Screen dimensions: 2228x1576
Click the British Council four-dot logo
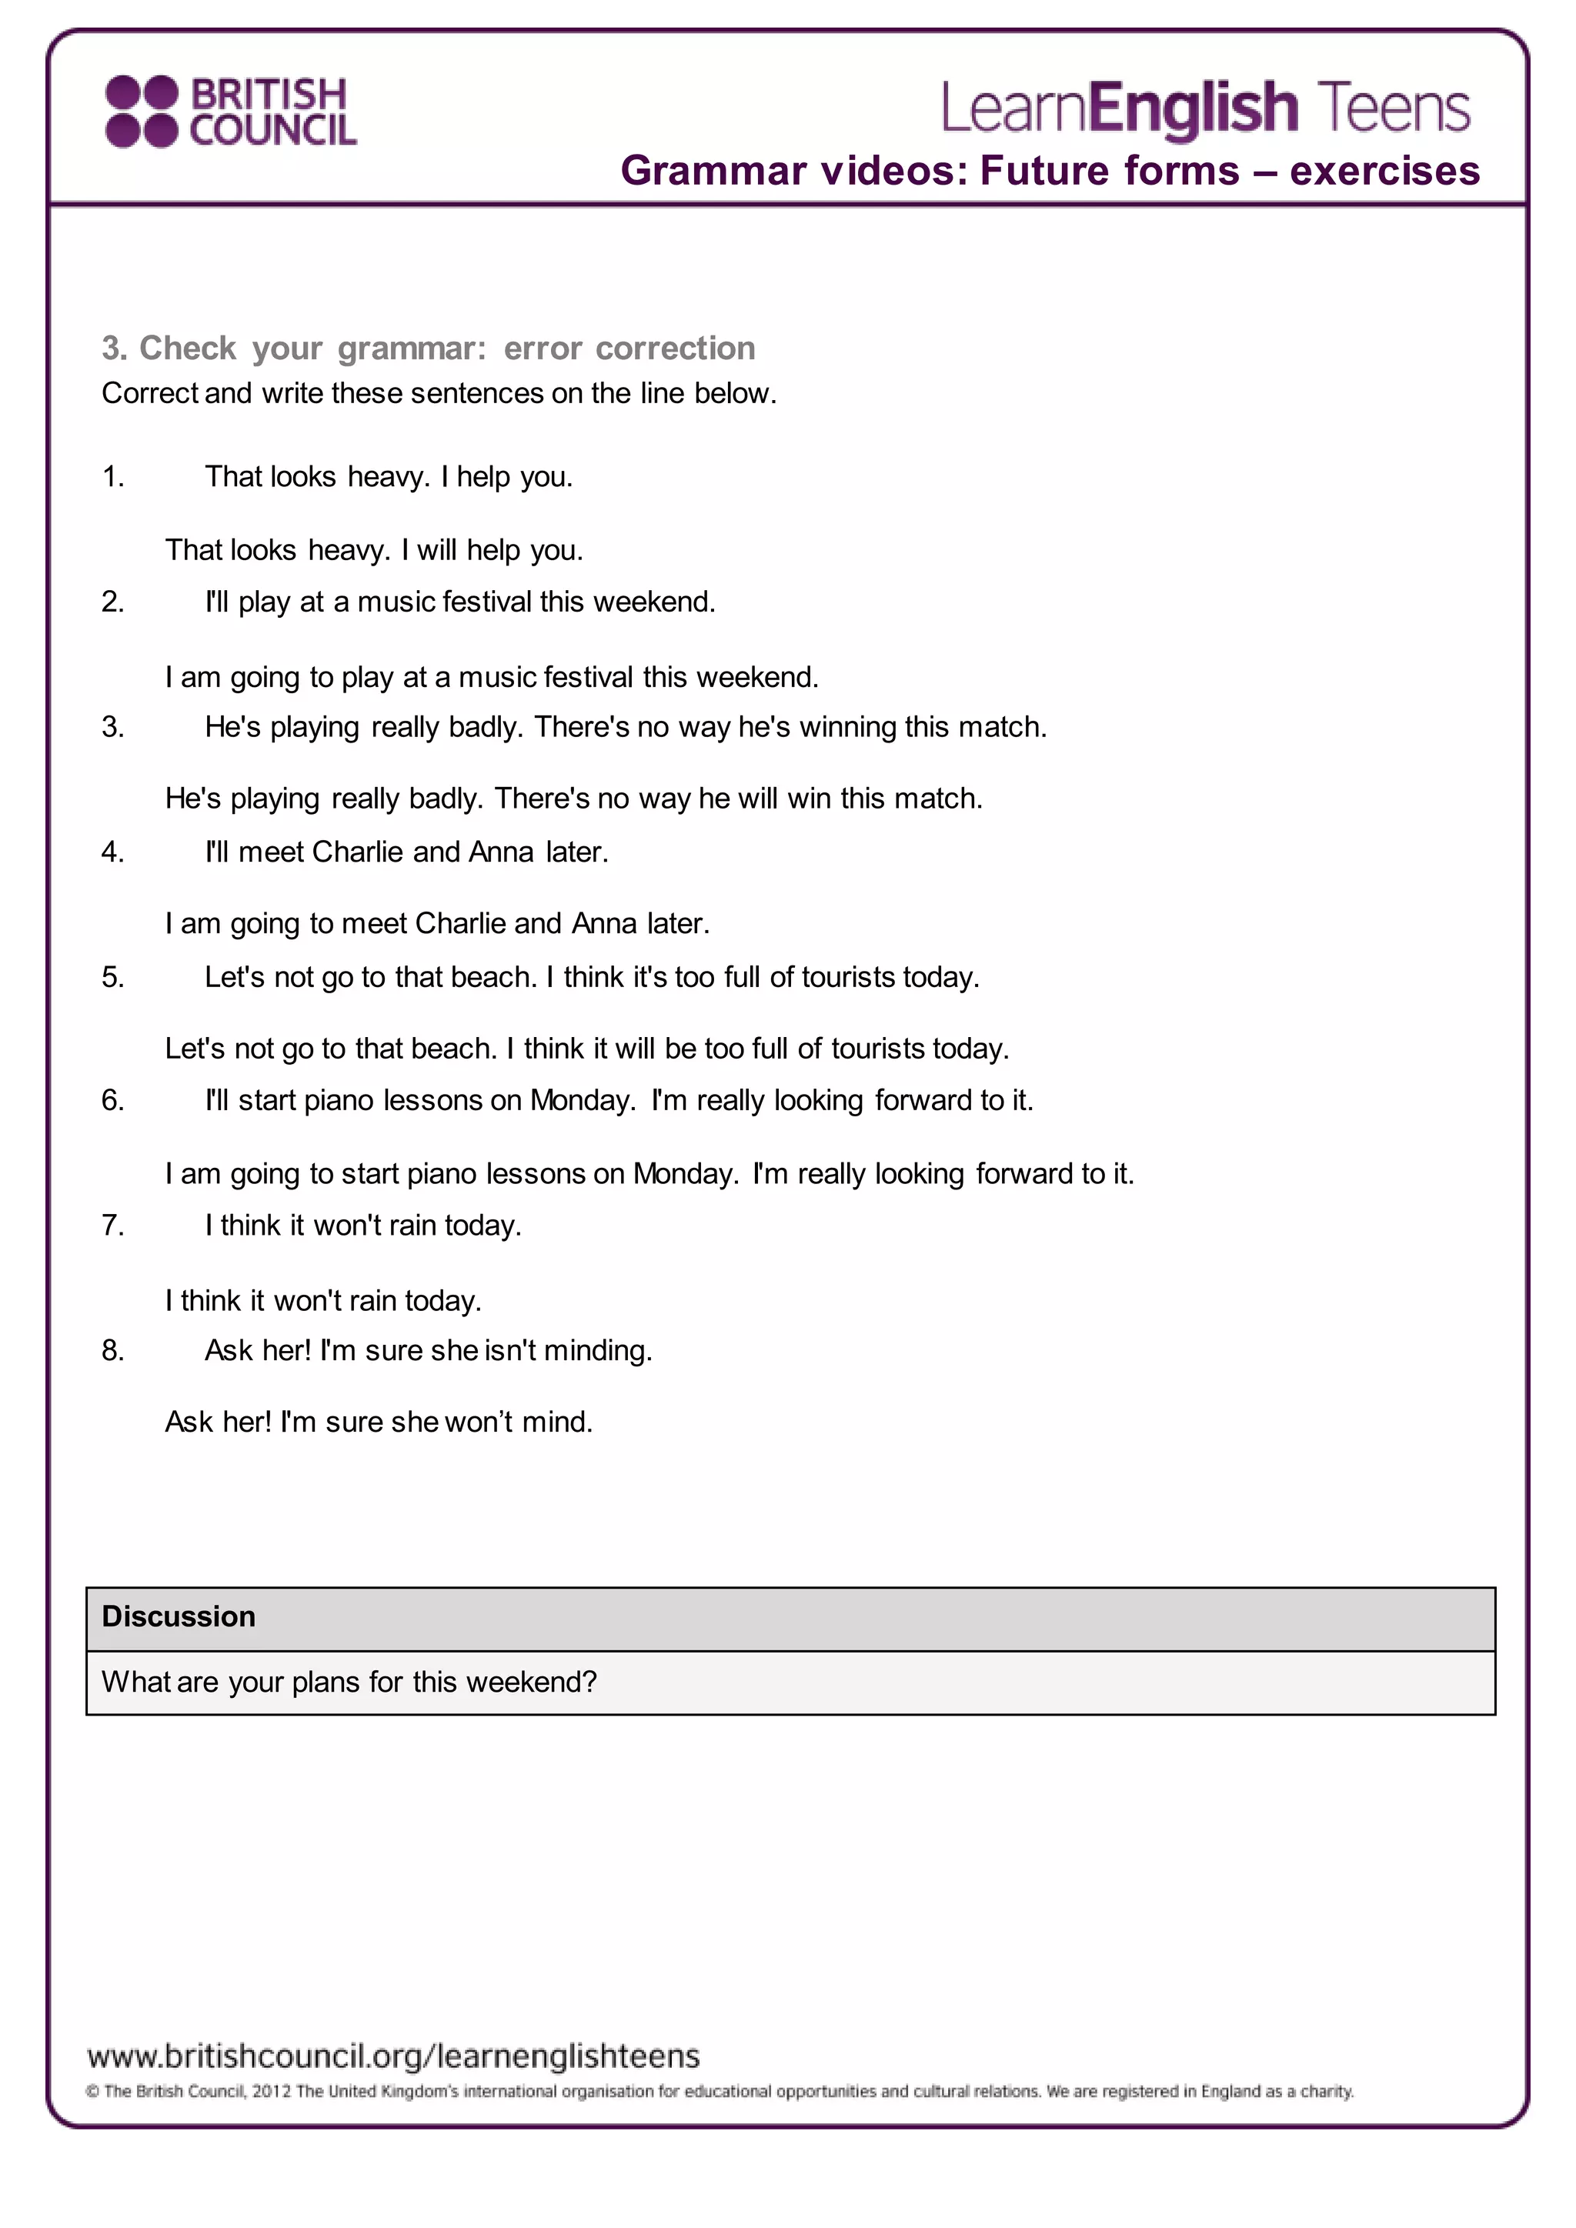point(142,112)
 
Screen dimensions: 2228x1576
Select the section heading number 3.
point(114,349)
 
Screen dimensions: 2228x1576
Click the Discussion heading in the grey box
point(179,1616)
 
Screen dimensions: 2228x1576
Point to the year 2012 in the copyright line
point(272,2092)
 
